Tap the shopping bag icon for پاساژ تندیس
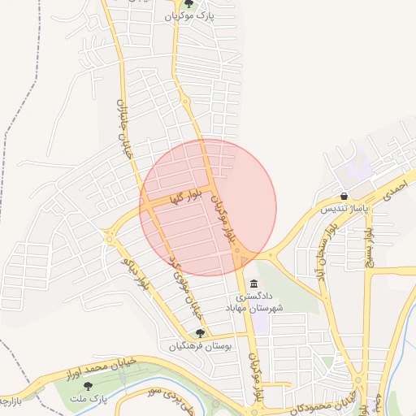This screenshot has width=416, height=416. point(345,196)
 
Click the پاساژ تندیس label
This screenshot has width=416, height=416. point(344,209)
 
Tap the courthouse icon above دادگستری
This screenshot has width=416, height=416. point(255,284)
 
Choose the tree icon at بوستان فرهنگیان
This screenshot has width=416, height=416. point(200,333)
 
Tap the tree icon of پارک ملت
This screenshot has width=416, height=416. point(88,386)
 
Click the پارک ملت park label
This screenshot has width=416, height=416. point(88,399)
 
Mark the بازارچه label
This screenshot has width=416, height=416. point(8,402)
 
